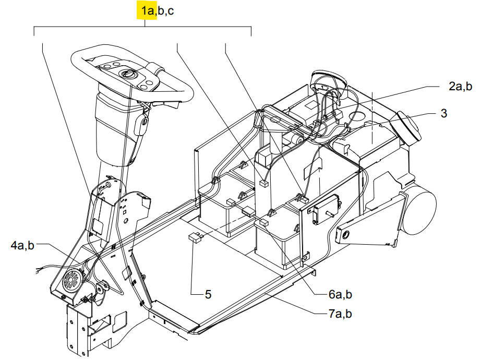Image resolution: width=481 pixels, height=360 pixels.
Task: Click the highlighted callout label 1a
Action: click(x=147, y=11)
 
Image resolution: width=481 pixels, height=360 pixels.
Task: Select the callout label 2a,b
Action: click(x=460, y=86)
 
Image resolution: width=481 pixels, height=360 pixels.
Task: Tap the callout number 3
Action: click(x=443, y=113)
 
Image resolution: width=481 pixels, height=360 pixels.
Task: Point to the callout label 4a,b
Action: click(x=22, y=246)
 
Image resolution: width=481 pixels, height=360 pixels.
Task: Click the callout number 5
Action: click(x=208, y=294)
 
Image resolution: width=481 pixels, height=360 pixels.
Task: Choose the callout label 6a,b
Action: click(x=340, y=294)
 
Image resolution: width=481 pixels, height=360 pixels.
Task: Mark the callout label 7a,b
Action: click(x=340, y=314)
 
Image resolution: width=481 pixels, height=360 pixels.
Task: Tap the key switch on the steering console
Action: click(x=126, y=74)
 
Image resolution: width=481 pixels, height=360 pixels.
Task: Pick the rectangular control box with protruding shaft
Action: click(x=326, y=209)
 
